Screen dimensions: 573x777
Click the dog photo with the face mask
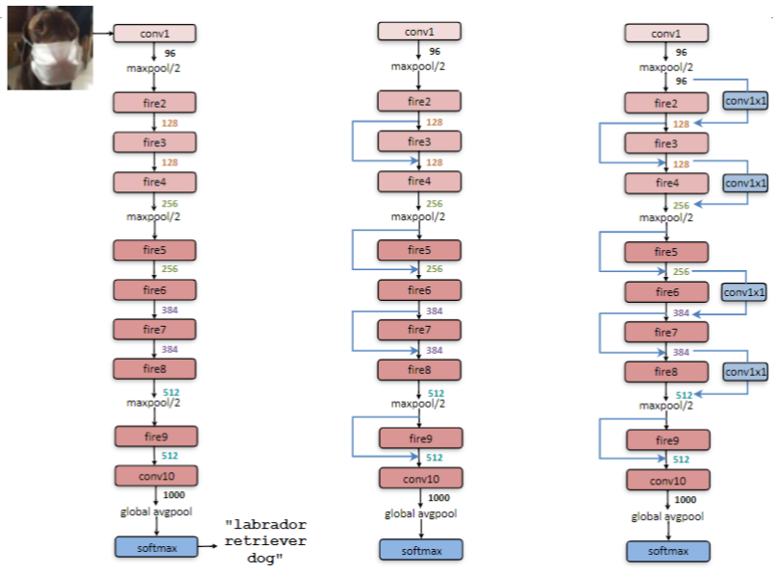point(50,48)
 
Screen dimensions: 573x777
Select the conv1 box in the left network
point(155,34)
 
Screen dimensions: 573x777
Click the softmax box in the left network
point(155,547)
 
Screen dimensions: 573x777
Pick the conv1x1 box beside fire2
point(746,99)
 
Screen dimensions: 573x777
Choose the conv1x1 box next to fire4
point(746,182)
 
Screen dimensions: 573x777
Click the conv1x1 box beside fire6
point(746,290)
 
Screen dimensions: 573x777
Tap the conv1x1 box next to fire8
point(746,371)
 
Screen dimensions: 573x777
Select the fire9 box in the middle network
point(419,438)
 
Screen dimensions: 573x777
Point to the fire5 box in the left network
point(155,250)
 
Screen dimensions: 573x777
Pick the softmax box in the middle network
point(419,550)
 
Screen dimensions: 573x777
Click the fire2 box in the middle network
point(419,101)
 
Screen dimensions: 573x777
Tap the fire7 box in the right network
point(667,333)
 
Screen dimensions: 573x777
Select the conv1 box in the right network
point(667,34)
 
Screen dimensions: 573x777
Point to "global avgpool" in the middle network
point(421,513)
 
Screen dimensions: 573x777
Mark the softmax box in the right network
point(667,551)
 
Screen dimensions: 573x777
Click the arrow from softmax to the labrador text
point(209,547)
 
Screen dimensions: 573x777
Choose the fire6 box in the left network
point(155,289)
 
